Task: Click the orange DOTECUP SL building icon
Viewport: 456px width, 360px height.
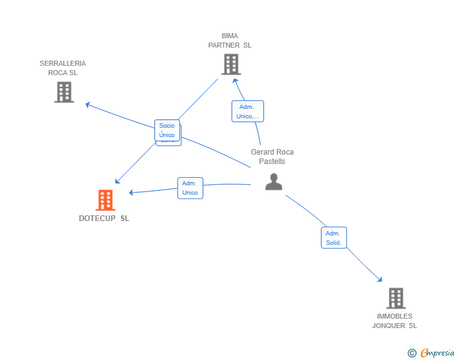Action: (x=105, y=200)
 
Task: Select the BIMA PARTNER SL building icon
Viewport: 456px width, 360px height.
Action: (x=231, y=64)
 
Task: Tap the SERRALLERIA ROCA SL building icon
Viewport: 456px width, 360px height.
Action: (x=64, y=92)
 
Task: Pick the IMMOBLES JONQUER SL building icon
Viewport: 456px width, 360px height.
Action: (x=395, y=298)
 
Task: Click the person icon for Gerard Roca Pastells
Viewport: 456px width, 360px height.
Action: (x=274, y=182)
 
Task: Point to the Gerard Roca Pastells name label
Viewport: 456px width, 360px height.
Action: (x=272, y=157)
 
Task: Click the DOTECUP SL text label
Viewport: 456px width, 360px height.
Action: (x=104, y=219)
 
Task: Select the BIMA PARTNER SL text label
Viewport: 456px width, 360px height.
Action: (x=230, y=41)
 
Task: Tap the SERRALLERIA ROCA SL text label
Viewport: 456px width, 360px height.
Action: (x=63, y=68)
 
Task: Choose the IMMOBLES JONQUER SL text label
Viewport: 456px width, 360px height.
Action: (x=395, y=321)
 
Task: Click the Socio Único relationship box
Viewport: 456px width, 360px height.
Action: (x=167, y=130)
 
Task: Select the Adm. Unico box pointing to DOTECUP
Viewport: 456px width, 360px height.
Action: (x=190, y=188)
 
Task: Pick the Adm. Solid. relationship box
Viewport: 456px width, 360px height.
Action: (x=333, y=238)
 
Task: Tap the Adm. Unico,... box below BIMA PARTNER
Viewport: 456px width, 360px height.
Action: (x=247, y=111)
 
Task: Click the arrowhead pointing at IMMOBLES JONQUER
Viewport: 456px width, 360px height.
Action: (x=380, y=279)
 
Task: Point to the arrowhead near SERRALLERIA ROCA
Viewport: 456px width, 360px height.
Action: (x=88, y=105)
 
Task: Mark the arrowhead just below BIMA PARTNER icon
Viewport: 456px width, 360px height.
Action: (x=235, y=80)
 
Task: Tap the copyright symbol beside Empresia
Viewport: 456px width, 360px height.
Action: (x=412, y=353)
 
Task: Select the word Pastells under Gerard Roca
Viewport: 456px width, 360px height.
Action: (x=272, y=162)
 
